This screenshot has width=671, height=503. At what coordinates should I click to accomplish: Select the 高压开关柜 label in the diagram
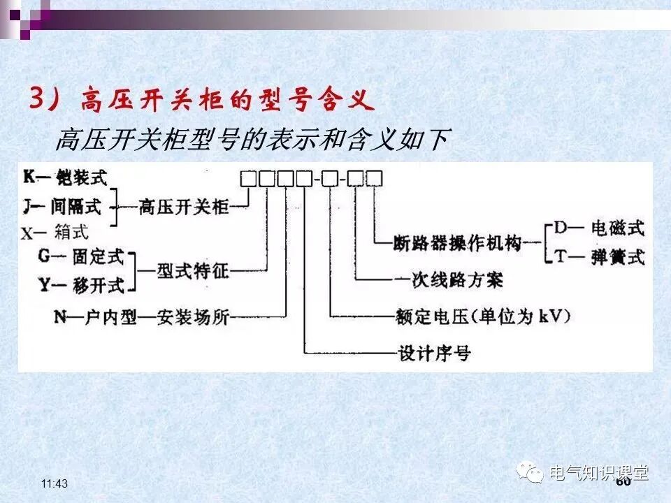184,206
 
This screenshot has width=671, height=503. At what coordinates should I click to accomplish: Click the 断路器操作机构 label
458,243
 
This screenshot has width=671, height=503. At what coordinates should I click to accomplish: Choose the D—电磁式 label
598,228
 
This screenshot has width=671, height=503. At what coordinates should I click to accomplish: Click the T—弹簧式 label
598,256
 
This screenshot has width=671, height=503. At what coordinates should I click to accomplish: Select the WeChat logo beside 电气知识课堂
531,473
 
